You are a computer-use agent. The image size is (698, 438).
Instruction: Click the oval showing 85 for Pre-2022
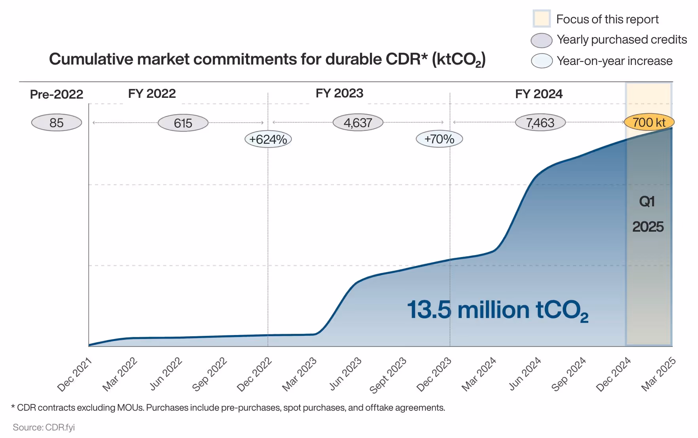(x=57, y=123)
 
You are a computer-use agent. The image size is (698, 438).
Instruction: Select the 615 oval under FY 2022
(x=183, y=123)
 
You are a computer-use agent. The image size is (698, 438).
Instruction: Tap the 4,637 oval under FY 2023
(x=358, y=123)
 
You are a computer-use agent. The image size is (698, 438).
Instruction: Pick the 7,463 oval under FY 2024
(x=540, y=123)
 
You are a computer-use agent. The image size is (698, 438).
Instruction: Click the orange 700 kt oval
(x=649, y=122)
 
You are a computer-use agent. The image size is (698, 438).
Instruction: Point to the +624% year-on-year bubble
(x=268, y=139)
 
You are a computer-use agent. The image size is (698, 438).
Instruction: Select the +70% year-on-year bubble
(x=439, y=139)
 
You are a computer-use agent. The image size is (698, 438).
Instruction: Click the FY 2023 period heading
(x=339, y=93)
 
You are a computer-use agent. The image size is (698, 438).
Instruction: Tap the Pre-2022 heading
(x=57, y=94)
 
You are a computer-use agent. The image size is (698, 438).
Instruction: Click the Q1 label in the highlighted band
(x=647, y=202)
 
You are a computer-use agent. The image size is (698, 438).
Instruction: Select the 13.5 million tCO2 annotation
(x=497, y=310)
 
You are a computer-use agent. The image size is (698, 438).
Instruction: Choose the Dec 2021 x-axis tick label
(x=74, y=374)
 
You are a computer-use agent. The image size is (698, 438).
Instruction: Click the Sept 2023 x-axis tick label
(x=388, y=375)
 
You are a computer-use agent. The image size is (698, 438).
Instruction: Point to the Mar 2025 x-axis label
(x=658, y=374)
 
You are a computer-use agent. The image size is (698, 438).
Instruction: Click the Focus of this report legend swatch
(x=541, y=19)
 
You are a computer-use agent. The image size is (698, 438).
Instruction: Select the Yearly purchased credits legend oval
(x=541, y=40)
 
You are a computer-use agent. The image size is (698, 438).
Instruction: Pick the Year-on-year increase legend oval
(x=541, y=61)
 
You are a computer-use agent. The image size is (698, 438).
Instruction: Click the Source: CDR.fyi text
(x=44, y=427)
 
